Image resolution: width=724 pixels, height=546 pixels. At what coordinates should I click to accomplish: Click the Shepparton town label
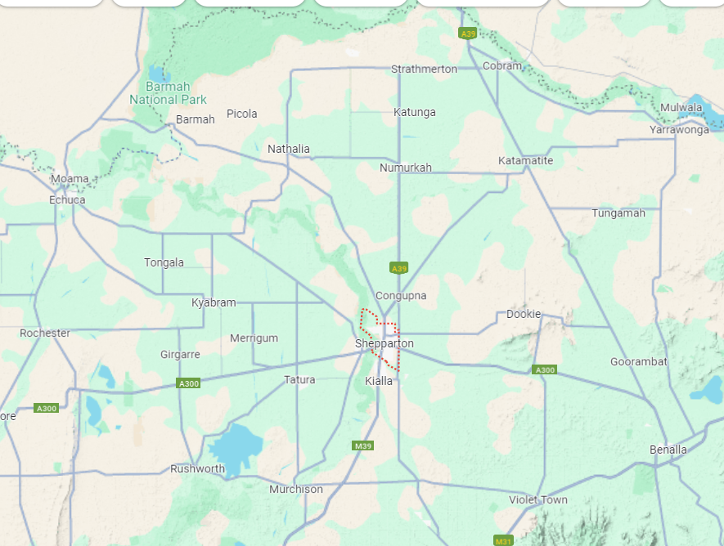coord(384,343)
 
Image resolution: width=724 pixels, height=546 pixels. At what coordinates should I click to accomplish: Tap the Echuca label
coord(67,199)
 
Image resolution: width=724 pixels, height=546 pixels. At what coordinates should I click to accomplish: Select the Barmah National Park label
coord(168,93)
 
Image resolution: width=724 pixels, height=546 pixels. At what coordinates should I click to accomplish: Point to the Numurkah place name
coord(406,168)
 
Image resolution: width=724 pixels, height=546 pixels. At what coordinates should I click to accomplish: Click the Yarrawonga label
coord(679,130)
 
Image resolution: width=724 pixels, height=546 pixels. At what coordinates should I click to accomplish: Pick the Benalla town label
coord(668,450)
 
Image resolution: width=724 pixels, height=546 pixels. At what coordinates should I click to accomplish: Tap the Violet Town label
coord(538,499)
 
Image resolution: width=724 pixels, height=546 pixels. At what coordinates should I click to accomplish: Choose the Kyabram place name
coord(214,302)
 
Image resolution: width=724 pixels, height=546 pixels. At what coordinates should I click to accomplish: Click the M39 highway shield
coord(363,445)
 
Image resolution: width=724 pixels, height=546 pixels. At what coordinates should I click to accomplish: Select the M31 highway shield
coord(503,540)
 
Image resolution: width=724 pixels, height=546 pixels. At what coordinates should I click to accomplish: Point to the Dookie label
coord(524,314)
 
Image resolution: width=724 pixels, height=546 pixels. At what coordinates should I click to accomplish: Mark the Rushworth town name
coord(197,468)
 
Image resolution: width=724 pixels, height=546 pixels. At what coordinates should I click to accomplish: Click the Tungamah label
coord(618,213)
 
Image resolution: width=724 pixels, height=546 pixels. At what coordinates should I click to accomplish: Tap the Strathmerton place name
coord(424,69)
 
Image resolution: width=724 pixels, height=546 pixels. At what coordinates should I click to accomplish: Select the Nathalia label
coord(289,149)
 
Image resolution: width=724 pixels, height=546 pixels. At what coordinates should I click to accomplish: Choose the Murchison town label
coord(296,490)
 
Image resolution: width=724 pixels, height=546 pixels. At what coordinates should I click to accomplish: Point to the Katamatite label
coord(525,161)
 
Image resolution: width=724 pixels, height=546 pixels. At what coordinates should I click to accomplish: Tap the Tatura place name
coord(299,379)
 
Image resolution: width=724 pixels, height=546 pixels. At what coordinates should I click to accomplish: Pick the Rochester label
coord(45,333)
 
